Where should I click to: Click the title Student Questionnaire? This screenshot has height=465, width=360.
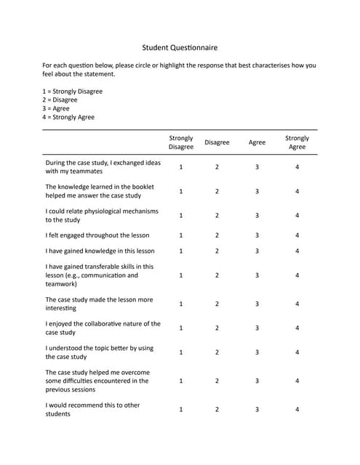click(x=180, y=48)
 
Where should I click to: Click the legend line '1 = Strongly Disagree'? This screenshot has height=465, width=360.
click(x=72, y=92)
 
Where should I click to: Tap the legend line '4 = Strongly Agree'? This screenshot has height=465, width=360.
click(x=68, y=117)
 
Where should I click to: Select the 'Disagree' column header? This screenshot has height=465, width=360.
click(x=217, y=142)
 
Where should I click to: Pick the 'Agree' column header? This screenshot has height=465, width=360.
click(x=257, y=142)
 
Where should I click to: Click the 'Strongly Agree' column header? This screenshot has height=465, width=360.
click(x=297, y=142)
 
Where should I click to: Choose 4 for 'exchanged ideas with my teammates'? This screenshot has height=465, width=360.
click(x=297, y=167)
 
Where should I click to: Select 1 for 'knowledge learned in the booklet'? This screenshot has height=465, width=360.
click(x=181, y=191)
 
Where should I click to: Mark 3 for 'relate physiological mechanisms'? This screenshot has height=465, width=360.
click(x=257, y=215)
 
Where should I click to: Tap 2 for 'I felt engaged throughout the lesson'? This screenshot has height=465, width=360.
click(x=217, y=235)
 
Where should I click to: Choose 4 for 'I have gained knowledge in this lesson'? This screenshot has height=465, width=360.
click(x=297, y=251)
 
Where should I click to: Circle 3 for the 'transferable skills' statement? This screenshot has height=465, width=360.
click(x=257, y=275)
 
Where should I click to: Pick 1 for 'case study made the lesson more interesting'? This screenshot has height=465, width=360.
click(x=181, y=304)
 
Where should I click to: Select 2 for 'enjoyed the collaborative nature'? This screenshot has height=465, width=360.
click(x=217, y=328)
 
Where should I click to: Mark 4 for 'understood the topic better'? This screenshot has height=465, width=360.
click(x=297, y=352)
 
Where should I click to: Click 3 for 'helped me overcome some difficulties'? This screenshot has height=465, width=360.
click(x=257, y=380)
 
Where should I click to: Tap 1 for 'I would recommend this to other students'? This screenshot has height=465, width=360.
click(x=181, y=409)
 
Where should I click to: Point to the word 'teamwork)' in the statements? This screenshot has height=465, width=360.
click(x=62, y=284)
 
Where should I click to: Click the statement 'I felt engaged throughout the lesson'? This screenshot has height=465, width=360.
click(x=97, y=235)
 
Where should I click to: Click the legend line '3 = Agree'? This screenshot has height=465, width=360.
click(x=57, y=108)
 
